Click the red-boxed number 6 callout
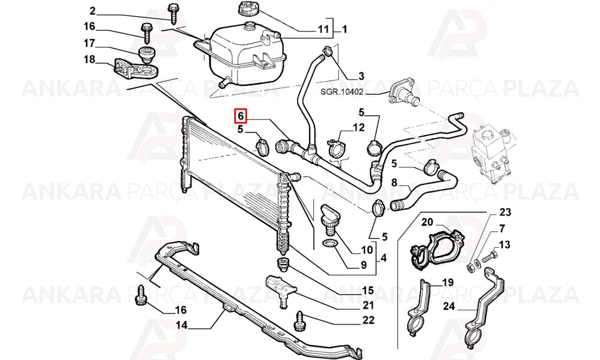tap(241, 116)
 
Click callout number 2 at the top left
tap(92, 10)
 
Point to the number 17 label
tap(89, 43)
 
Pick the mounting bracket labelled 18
tap(136, 68)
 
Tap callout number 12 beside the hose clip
tap(359, 127)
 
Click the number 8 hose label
tap(395, 182)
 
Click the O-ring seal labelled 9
tap(329, 243)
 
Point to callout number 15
tap(368, 290)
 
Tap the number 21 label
tap(368, 305)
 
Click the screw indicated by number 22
tap(299, 320)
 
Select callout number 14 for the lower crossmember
tap(182, 326)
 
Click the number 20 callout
tap(427, 222)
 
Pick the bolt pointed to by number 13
tap(489, 257)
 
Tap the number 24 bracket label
tap(449, 307)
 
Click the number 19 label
tap(448, 283)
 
